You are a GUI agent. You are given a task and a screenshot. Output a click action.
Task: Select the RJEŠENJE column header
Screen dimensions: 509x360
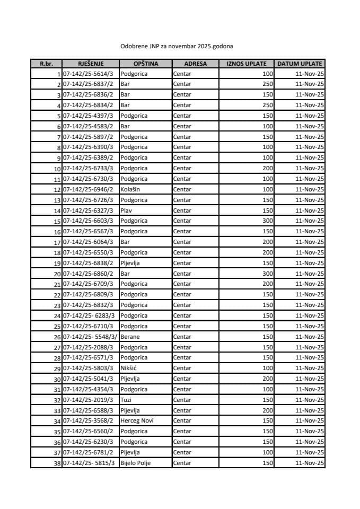(90, 64)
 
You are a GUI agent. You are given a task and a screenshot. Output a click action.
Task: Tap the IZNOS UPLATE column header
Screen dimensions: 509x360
(246, 64)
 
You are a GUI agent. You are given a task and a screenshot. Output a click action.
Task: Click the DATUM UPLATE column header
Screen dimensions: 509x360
(300, 64)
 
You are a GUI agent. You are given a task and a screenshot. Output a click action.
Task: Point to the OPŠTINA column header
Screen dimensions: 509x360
(145, 64)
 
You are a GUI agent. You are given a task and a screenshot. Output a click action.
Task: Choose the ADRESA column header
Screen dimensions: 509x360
(195, 64)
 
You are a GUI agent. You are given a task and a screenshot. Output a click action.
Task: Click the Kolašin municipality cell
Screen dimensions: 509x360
(130, 189)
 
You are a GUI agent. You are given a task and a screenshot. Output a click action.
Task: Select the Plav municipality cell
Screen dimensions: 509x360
(126, 210)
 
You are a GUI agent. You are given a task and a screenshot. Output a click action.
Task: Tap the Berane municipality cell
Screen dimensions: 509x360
(130, 337)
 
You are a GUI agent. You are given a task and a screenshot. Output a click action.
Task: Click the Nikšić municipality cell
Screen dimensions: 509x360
(128, 368)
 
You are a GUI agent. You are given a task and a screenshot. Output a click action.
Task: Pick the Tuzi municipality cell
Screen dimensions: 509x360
(126, 400)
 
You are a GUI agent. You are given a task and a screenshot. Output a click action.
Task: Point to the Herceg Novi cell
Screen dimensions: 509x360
(137, 421)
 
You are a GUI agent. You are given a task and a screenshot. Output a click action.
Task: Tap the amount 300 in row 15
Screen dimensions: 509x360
(267, 221)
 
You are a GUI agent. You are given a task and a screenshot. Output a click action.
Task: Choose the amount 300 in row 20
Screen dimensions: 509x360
(267, 274)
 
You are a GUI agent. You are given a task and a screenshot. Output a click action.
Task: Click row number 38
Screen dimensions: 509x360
(57, 463)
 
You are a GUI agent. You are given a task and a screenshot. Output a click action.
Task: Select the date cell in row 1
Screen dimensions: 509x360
(310, 74)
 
